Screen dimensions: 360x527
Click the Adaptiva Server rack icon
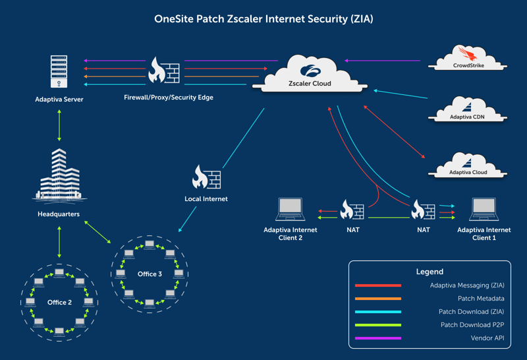click(x=59, y=72)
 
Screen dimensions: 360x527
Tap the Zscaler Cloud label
click(x=310, y=84)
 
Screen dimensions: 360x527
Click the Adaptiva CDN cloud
click(x=468, y=109)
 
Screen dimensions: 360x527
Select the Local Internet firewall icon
click(x=206, y=177)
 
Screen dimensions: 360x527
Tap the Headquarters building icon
click(x=59, y=174)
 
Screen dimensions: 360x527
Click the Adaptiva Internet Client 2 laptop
click(x=290, y=209)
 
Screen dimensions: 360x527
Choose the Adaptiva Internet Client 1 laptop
click(x=484, y=209)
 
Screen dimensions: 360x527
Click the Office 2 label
click(x=59, y=302)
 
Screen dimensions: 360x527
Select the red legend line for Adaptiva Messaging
click(x=378, y=285)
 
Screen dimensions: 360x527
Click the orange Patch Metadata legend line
click(x=378, y=299)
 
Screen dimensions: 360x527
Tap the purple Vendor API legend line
click(x=378, y=338)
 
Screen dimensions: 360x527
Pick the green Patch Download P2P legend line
click(x=378, y=325)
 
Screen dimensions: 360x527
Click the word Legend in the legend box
click(x=430, y=272)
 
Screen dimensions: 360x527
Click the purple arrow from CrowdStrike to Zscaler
click(x=382, y=61)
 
